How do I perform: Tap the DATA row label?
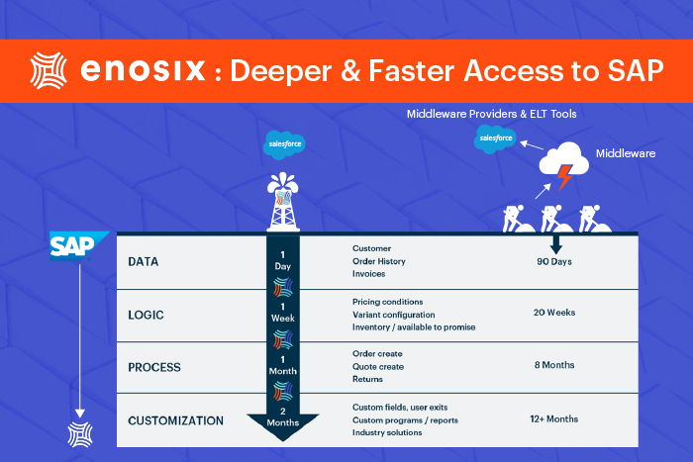point(145,262)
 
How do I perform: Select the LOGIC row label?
point(147,316)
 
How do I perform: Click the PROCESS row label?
point(154,367)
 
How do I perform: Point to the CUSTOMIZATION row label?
point(175,420)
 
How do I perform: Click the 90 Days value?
point(553,262)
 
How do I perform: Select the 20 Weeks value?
point(554,313)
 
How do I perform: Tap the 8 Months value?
point(554,365)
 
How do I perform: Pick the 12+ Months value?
point(554,418)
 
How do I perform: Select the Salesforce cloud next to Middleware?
point(496,139)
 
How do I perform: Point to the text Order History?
point(379,261)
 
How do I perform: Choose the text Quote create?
point(378,367)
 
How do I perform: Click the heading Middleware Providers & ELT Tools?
point(491,114)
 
